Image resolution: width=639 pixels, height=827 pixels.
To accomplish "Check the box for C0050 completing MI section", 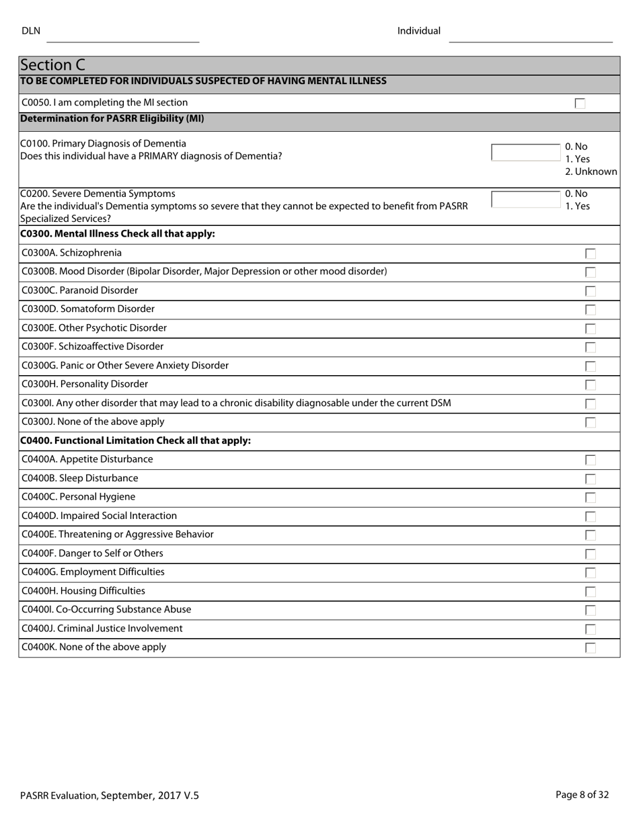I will point(580,104).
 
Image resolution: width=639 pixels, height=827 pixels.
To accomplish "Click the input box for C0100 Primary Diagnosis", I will point(526,153).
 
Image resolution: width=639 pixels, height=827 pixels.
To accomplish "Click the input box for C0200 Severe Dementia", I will point(526,200).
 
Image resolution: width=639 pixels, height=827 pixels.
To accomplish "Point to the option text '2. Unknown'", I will point(591,171).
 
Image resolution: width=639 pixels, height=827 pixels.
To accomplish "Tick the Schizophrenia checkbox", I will point(591,253).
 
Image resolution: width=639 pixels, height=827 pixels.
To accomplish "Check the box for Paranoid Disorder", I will point(591,291).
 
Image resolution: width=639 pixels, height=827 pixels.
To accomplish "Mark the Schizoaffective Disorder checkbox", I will point(591,348).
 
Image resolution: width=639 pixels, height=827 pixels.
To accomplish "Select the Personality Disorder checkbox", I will point(591,385).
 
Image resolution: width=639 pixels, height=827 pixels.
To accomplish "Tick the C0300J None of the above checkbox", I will point(591,423).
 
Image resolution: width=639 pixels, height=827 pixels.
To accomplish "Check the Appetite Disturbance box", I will point(591,460).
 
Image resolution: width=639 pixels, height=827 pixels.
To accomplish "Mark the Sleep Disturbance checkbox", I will point(591,479).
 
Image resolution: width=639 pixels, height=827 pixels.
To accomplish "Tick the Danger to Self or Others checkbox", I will point(591,554).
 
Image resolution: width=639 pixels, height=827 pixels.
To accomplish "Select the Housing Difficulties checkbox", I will point(591,592).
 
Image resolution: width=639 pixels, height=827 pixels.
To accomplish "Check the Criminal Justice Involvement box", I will point(591,629).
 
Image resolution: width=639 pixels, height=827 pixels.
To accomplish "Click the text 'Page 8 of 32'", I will point(582,795).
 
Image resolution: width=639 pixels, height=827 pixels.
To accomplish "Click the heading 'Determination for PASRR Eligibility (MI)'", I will point(112,118).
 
